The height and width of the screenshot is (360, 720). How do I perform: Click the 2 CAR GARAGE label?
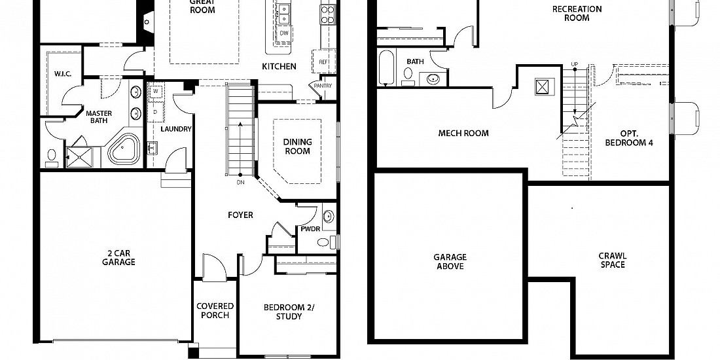118,258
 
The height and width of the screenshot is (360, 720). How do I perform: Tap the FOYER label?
241,215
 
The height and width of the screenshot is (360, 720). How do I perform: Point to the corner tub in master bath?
124,150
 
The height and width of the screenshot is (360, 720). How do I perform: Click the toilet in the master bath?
52,158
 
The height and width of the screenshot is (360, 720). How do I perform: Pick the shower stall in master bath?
79,157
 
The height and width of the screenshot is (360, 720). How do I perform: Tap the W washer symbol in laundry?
156,91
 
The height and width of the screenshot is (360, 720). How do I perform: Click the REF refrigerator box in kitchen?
324,61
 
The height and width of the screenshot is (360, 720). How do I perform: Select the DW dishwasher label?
284,33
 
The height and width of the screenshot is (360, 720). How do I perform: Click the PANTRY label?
323,85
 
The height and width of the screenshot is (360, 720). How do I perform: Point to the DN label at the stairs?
240,182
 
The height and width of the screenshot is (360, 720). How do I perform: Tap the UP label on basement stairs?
574,63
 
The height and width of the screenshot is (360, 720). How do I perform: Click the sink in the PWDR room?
329,216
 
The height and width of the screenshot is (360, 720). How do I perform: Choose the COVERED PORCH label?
215,310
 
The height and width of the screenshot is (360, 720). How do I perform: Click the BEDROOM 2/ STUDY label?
289,312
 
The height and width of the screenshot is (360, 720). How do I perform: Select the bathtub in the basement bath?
387,67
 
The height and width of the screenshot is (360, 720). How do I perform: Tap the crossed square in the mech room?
545,87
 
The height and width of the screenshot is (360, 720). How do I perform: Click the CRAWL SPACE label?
612,261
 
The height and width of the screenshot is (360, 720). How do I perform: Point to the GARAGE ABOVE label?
450,262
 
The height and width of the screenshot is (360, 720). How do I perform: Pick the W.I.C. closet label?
62,74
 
